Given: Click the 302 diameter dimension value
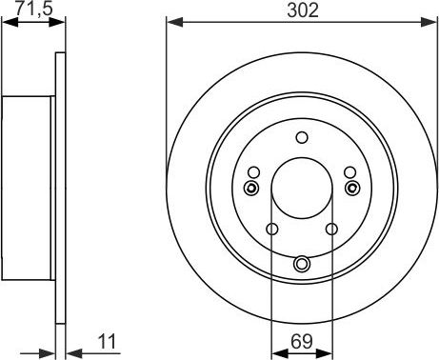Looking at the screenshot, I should (x=302, y=10).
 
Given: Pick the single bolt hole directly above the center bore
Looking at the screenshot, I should (x=302, y=137).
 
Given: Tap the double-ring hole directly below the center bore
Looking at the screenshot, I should (x=302, y=263).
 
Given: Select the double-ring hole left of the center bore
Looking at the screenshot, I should (x=252, y=187).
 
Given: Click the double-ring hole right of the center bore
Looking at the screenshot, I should (x=351, y=187).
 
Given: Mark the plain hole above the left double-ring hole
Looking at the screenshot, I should (x=254, y=172).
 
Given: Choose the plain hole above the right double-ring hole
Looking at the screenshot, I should (x=349, y=172).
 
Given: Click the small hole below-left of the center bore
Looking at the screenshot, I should (x=272, y=229).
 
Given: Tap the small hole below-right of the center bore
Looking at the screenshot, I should (x=331, y=229).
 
